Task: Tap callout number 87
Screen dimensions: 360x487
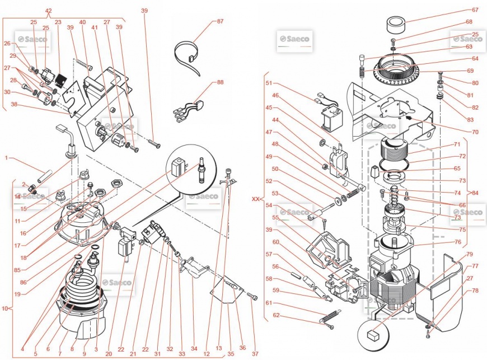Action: coord(220,21)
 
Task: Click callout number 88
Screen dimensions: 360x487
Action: coord(220,82)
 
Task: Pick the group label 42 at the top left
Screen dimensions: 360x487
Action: coord(48,11)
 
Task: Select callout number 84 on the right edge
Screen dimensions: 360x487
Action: coord(476,192)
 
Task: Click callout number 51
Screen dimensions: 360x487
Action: coord(269,83)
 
